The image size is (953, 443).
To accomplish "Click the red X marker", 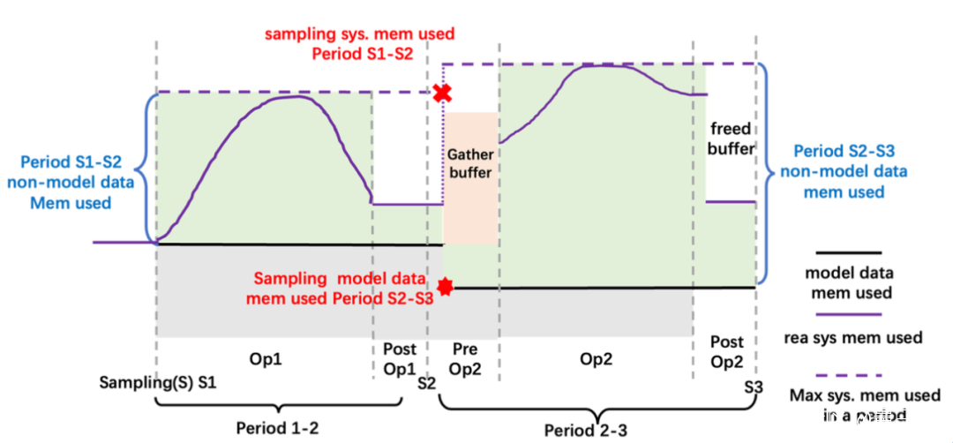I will [x=443, y=93].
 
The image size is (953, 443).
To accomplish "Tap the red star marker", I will [x=446, y=287].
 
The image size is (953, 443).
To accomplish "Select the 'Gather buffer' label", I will [x=469, y=163].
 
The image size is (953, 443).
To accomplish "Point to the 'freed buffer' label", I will [x=730, y=139].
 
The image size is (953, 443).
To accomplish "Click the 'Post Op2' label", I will [x=725, y=351].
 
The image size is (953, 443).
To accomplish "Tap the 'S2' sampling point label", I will [x=427, y=385].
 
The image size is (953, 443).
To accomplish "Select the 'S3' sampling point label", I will [x=753, y=387].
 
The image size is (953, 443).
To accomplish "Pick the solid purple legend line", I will [x=847, y=313].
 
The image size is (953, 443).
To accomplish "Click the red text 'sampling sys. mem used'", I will [x=360, y=35].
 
